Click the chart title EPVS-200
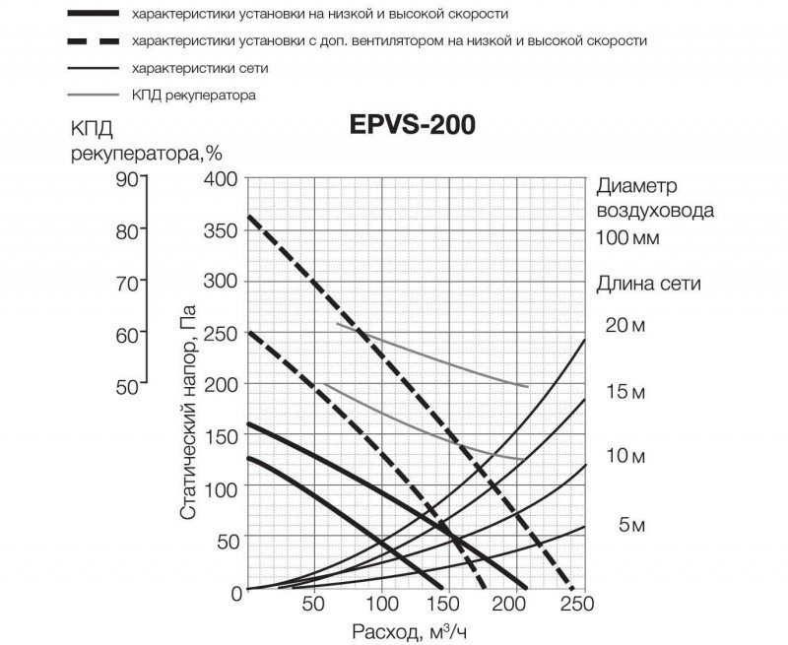(x=412, y=125)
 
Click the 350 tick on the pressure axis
(x=221, y=230)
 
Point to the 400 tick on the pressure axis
(x=221, y=179)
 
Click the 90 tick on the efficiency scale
(x=128, y=178)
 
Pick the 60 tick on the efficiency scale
(x=128, y=334)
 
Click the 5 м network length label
(x=631, y=526)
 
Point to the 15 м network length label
(x=624, y=393)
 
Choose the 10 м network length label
(x=624, y=458)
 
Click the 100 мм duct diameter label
(x=628, y=237)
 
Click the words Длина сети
(x=648, y=284)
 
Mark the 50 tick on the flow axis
(x=312, y=604)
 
